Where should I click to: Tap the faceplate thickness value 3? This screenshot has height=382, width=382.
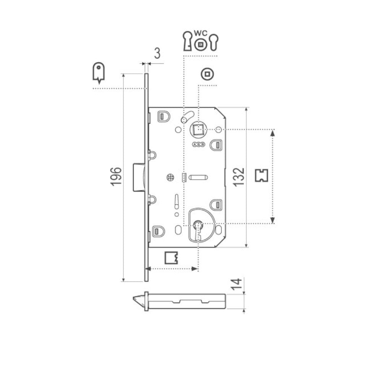point(157,54)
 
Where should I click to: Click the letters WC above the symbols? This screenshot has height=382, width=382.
point(199,34)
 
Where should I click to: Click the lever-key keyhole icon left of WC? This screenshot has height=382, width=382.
point(187,41)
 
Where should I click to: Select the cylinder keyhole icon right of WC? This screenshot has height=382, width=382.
point(212,42)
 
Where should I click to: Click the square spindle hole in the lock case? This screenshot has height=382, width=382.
point(198,130)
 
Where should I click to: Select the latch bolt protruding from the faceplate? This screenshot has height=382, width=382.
point(138,176)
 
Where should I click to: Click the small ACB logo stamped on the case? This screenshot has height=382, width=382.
point(199,145)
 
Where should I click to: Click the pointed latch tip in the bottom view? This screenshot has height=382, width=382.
point(136,299)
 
